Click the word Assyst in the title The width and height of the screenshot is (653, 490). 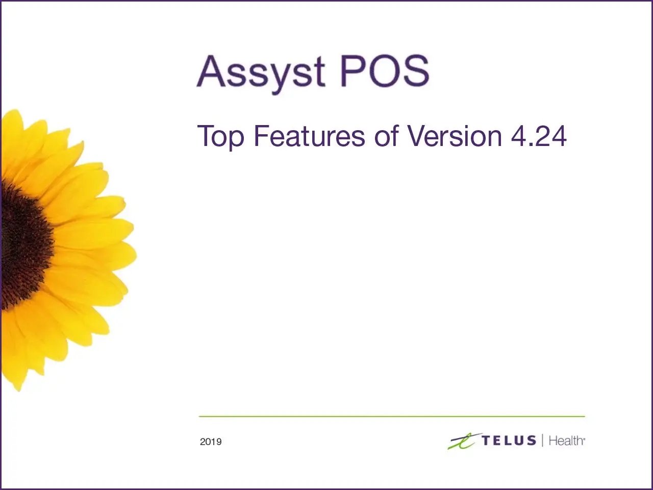261,72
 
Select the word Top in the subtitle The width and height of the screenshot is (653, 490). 220,137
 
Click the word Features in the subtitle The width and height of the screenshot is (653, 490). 309,136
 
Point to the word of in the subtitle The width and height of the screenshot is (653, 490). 386,136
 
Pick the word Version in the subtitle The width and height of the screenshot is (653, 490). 455,136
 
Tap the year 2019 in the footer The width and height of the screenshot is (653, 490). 211,442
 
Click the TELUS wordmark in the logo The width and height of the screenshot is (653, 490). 509,440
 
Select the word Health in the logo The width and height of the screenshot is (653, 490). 566,440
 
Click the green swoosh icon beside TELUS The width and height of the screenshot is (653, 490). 463,441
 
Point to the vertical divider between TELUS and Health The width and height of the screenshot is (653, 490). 542,440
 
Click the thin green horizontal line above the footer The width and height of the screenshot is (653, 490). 391,416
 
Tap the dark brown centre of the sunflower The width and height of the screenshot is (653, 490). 23,245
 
